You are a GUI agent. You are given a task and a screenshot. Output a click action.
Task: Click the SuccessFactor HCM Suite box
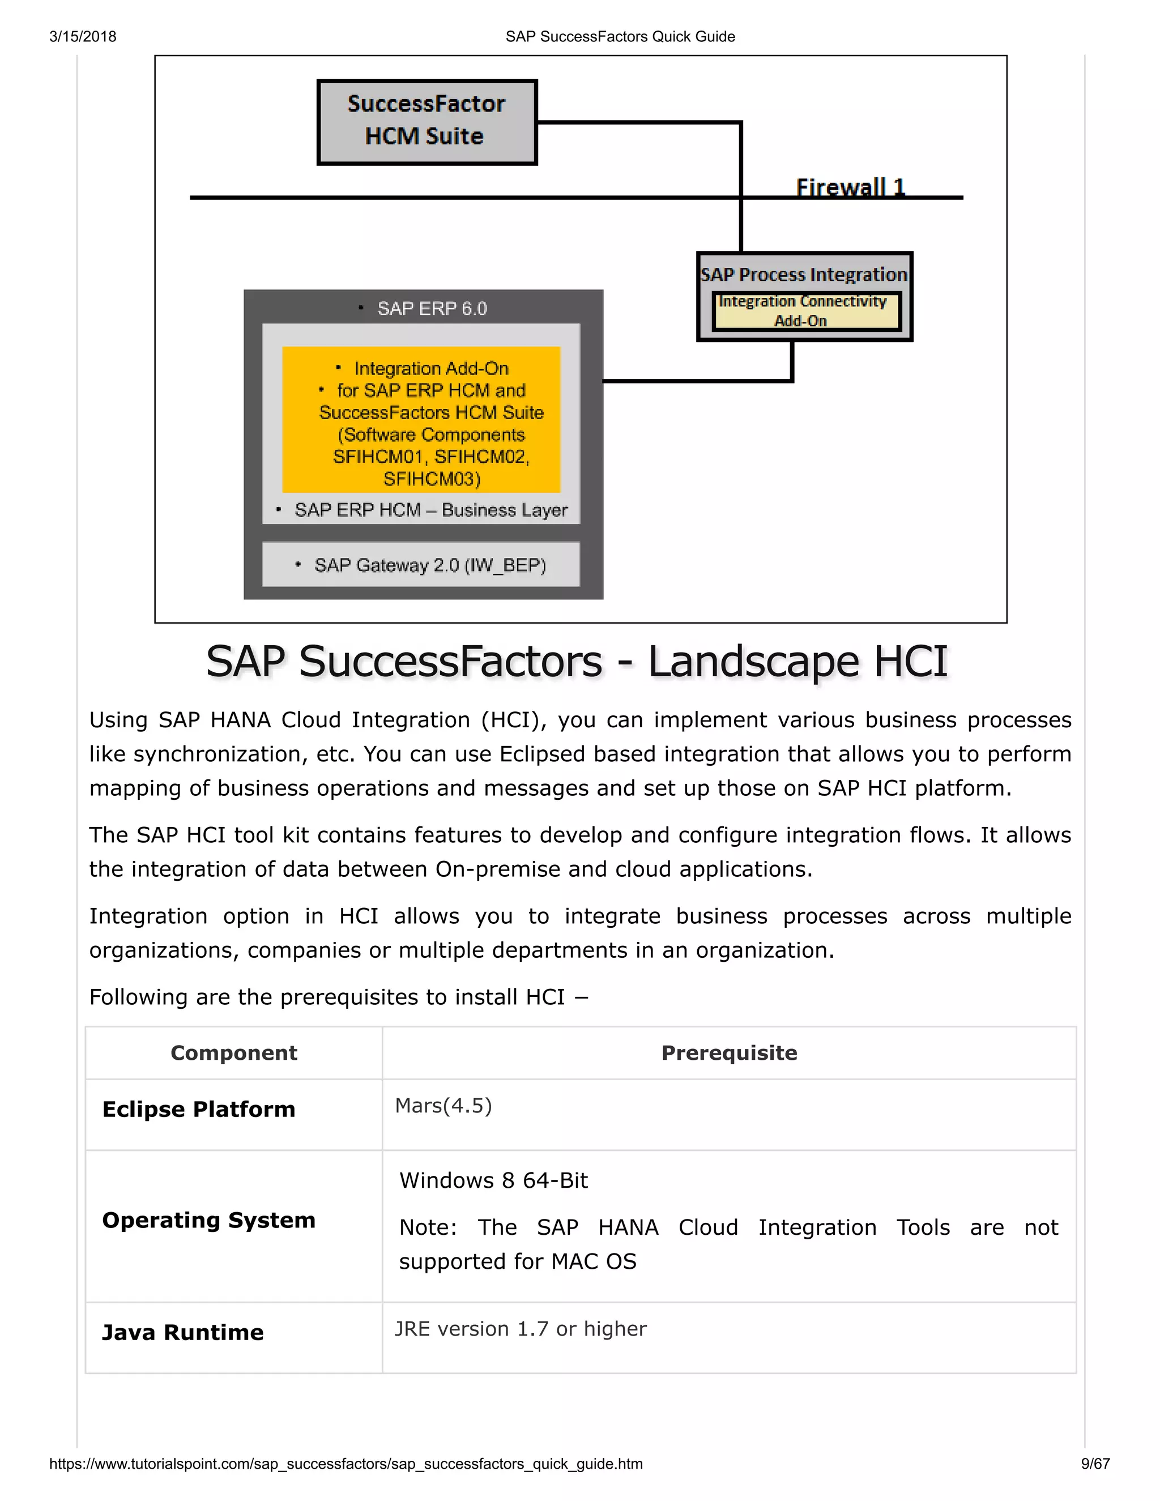[x=426, y=122]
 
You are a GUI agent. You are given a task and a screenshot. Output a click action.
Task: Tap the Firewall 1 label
[x=850, y=186]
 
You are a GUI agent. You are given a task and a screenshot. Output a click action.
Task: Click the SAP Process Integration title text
[x=803, y=274]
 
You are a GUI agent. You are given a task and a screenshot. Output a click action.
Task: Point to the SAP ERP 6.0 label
[x=431, y=309]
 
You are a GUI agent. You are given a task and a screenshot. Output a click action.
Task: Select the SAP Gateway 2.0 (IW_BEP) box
[x=421, y=565]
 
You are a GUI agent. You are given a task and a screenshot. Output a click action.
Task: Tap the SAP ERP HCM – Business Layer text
[x=430, y=510]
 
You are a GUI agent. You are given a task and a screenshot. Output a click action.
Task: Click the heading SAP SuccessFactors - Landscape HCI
[x=577, y=661]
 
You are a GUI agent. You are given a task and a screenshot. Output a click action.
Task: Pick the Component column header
[x=234, y=1053]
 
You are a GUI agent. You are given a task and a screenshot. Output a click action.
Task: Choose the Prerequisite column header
[x=729, y=1053]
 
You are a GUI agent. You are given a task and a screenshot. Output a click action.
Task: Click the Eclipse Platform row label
[x=199, y=1109]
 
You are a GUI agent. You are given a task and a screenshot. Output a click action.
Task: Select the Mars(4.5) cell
[x=443, y=1106]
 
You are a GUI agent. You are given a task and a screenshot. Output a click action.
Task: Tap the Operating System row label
[x=208, y=1220]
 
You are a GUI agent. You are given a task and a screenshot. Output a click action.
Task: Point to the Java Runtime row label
[x=183, y=1333]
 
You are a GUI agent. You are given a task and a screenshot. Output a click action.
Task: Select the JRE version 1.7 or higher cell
[x=520, y=1328]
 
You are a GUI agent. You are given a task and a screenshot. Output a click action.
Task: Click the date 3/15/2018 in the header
[x=83, y=36]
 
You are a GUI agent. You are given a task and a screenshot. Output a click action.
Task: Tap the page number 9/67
[x=1095, y=1464]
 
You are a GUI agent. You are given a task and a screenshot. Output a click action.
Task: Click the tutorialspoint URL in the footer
[x=346, y=1464]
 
